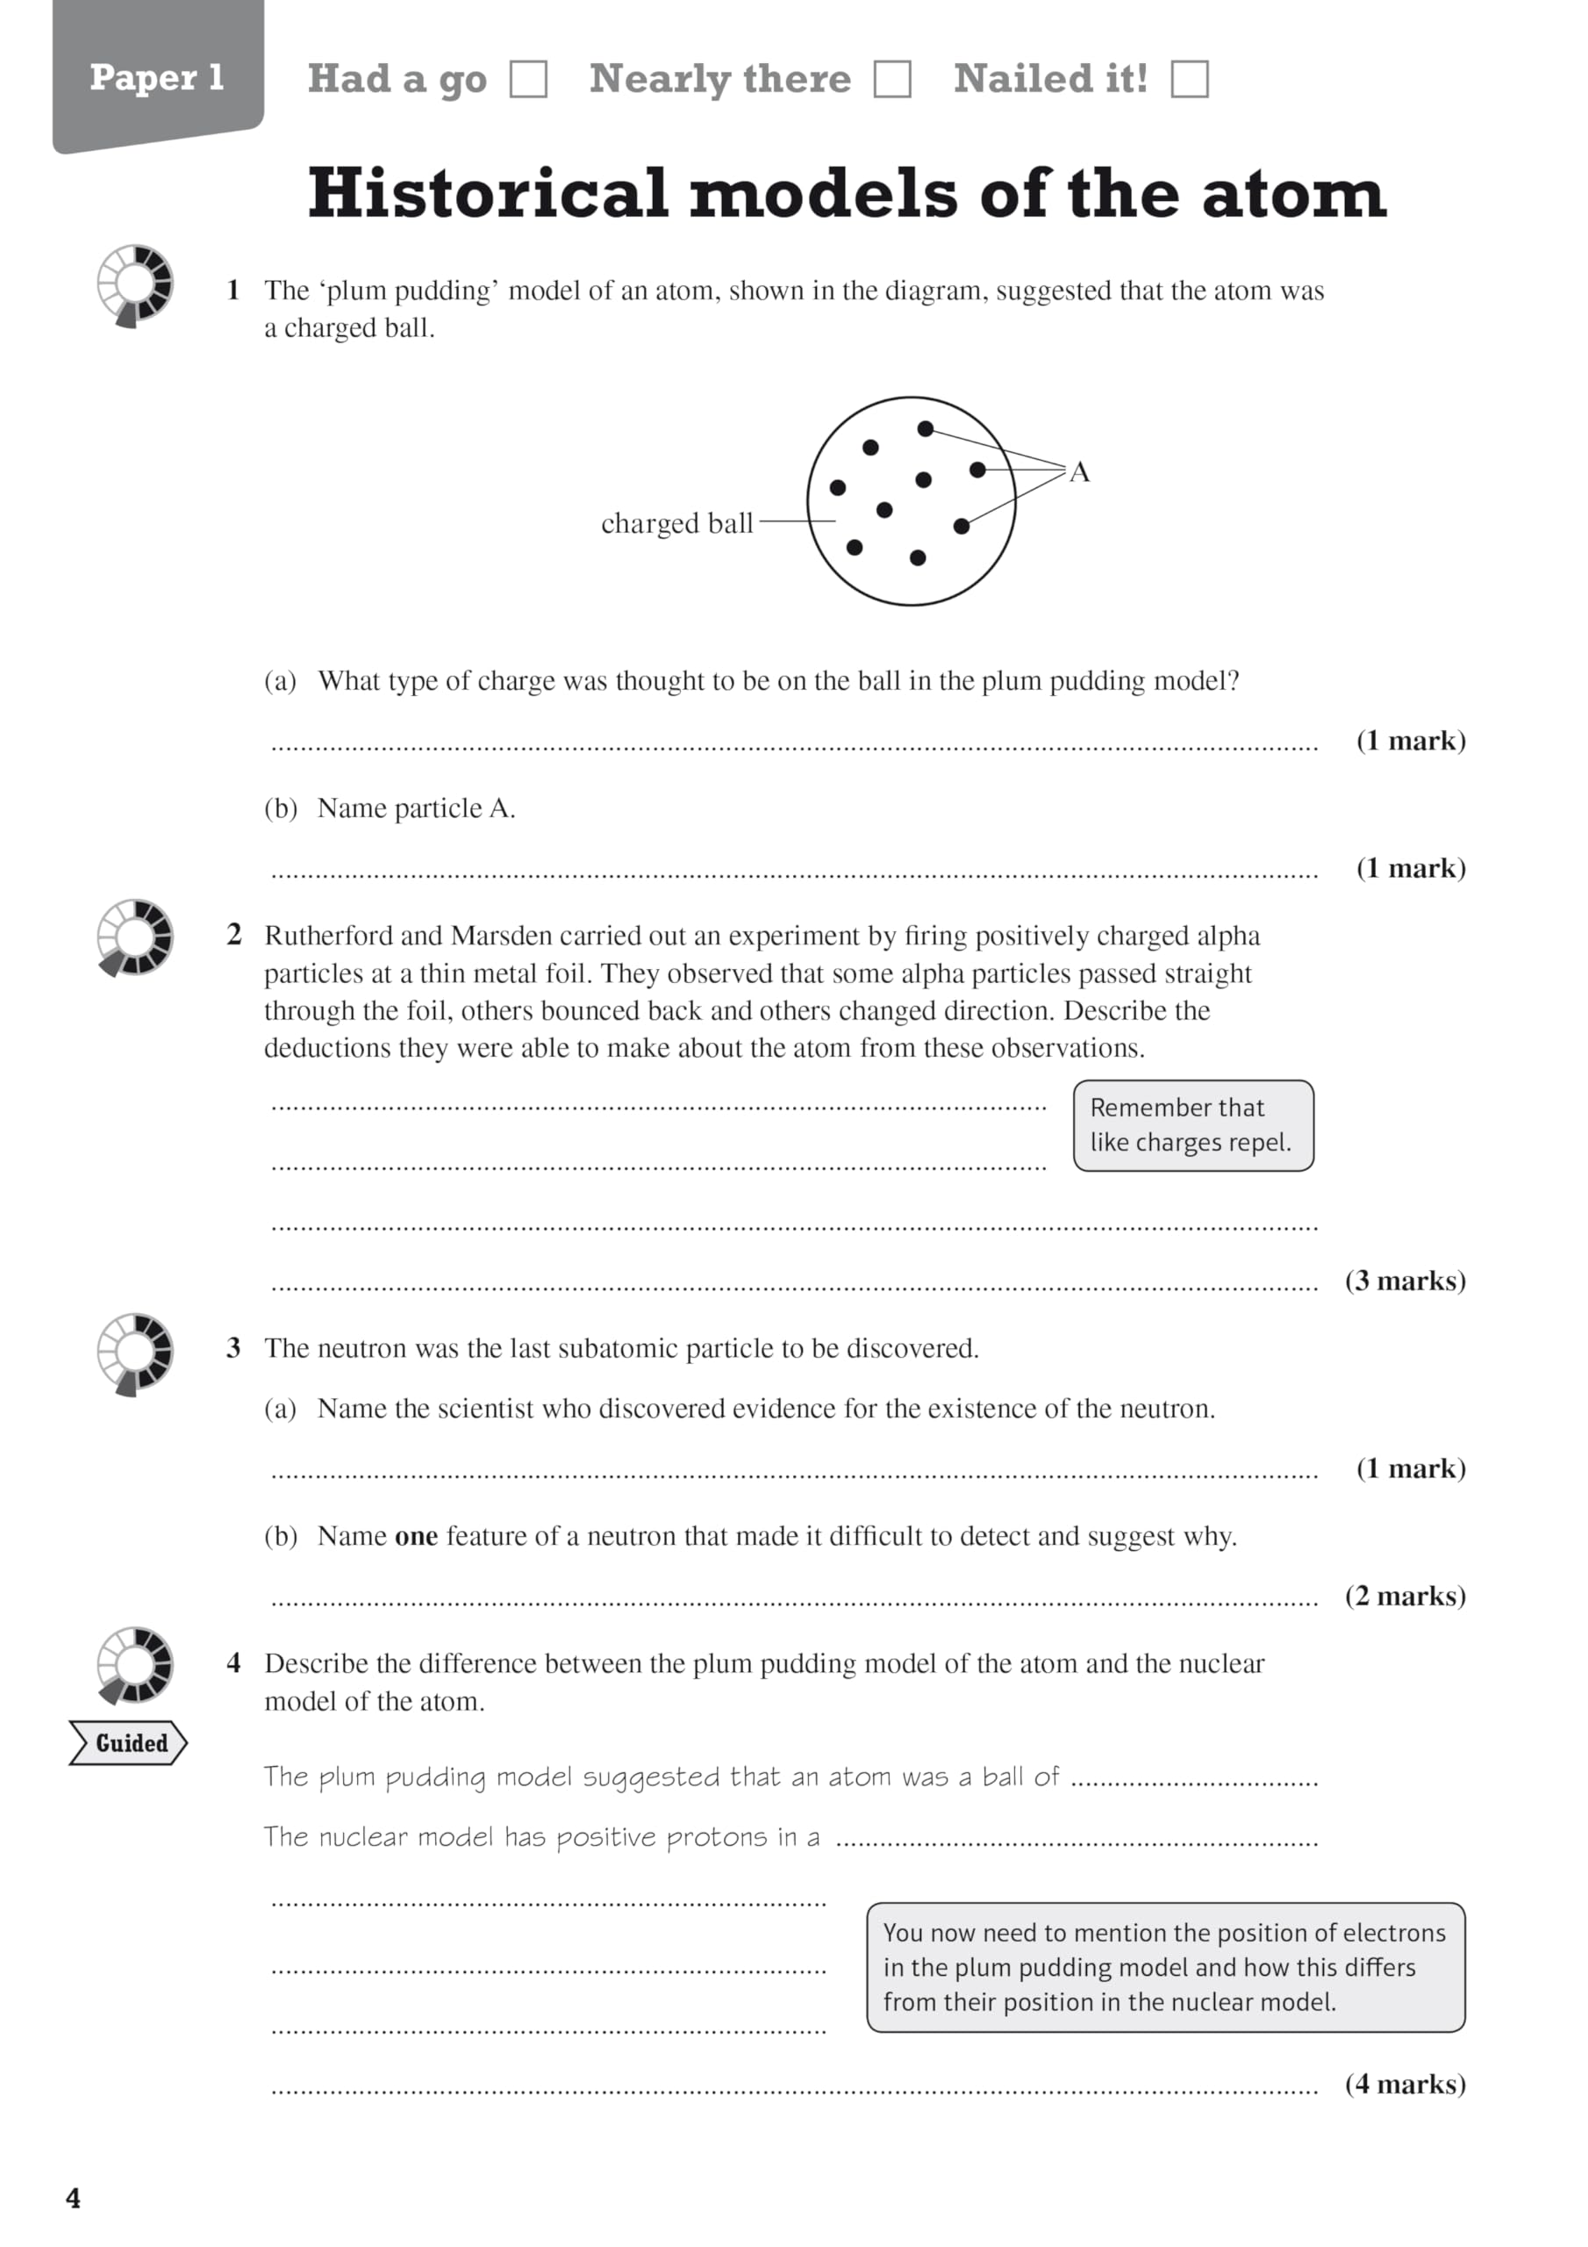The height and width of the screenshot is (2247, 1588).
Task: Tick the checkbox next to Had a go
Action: pyautogui.click(x=528, y=79)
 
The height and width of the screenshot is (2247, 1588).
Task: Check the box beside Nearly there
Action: pyautogui.click(x=892, y=79)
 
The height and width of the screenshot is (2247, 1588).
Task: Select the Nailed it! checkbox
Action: pyautogui.click(x=1189, y=79)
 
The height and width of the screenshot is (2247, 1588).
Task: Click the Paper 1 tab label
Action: pyautogui.click(x=156, y=77)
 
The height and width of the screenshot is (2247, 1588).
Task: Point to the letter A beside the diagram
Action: pyautogui.click(x=1079, y=473)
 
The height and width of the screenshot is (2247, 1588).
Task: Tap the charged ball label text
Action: pyautogui.click(x=676, y=524)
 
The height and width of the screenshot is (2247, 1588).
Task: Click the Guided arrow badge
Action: pyautogui.click(x=128, y=1743)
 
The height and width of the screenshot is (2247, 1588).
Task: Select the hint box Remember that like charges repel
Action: pyautogui.click(x=1192, y=1125)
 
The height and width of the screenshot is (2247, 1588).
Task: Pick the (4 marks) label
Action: pyautogui.click(x=1405, y=2084)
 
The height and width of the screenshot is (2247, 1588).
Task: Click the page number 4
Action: pyautogui.click(x=74, y=2198)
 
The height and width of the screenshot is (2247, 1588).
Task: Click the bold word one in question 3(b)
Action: pyautogui.click(x=416, y=1537)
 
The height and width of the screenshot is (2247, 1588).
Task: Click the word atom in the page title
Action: pyautogui.click(x=1293, y=193)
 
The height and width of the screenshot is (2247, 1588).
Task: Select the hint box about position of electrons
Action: pyautogui.click(x=1165, y=1967)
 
